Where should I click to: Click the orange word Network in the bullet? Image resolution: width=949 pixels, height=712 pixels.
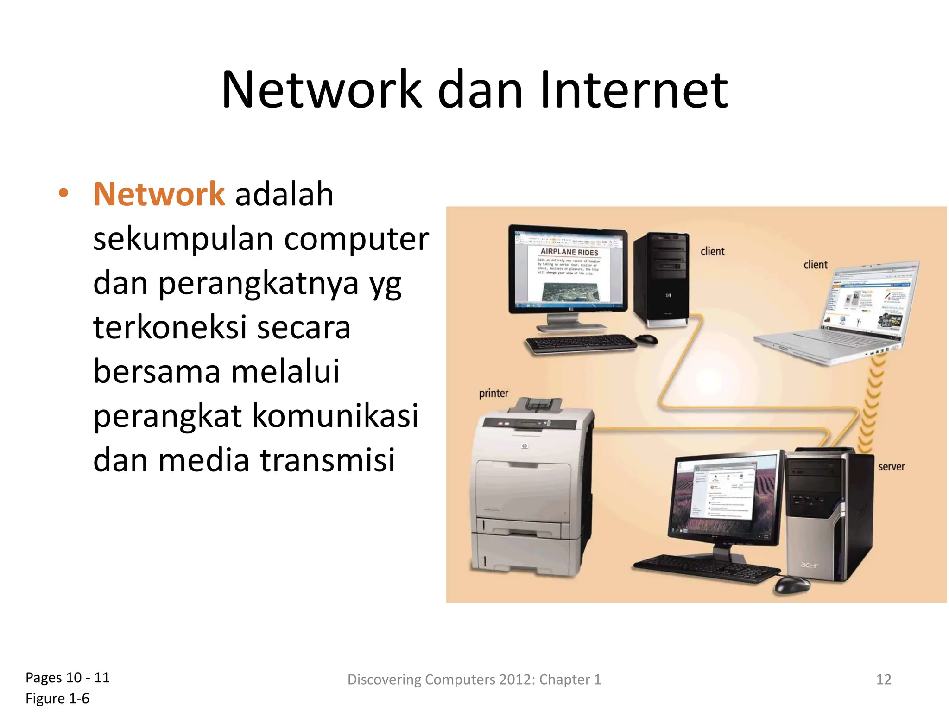[159, 194]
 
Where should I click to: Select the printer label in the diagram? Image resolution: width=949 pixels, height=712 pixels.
[493, 394]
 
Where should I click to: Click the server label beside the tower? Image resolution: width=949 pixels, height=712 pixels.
[891, 467]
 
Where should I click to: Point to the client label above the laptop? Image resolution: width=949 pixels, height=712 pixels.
[815, 265]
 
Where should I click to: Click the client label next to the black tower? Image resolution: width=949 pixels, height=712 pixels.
[712, 251]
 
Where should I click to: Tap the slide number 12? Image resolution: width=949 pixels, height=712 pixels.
[884, 680]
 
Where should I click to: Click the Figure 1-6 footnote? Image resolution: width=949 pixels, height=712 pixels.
[57, 699]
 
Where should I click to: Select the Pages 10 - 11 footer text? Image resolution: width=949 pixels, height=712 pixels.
[68, 678]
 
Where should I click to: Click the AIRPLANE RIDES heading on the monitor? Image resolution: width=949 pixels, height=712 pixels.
[569, 252]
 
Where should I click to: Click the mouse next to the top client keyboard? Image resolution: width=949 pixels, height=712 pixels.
[647, 339]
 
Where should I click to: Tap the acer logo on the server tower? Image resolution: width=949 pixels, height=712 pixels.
[809, 565]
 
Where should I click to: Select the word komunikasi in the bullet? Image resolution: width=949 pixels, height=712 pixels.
[335, 416]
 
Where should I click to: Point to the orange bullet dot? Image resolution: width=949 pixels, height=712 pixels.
[63, 193]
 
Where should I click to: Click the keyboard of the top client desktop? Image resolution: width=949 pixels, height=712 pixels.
[581, 344]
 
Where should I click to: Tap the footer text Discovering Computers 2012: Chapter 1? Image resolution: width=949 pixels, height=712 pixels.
[474, 680]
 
